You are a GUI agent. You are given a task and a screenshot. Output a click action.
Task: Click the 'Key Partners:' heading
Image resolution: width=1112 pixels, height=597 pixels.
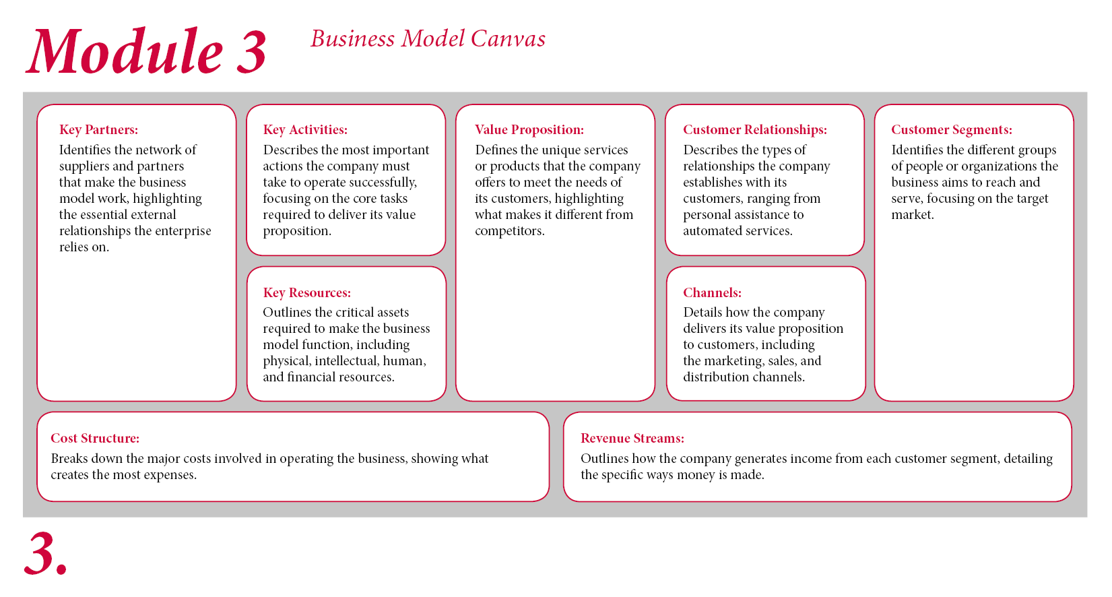(x=99, y=129)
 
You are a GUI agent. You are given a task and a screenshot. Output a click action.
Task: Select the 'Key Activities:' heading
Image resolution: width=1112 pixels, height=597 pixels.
(x=305, y=129)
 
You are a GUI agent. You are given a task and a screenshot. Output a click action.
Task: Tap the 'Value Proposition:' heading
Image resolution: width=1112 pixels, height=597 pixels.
(x=529, y=129)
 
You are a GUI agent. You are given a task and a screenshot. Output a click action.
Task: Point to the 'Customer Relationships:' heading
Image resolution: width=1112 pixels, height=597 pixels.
(x=755, y=129)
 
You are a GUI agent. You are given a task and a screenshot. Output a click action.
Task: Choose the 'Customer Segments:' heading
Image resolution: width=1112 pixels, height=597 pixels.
(x=952, y=129)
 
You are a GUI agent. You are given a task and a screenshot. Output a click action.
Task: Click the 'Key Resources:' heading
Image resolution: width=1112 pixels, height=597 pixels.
(x=306, y=292)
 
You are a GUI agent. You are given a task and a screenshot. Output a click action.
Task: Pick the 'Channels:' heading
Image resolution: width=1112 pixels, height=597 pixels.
(x=713, y=292)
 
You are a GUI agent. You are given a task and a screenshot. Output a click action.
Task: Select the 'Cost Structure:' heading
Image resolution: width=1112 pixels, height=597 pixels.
(x=96, y=438)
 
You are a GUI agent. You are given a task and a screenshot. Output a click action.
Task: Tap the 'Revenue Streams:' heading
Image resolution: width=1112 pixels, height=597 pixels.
(x=632, y=438)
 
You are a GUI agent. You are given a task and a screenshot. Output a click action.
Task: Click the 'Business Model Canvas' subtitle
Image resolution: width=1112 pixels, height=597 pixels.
(x=428, y=38)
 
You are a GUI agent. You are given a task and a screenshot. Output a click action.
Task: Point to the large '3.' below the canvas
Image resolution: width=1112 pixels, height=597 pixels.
(x=45, y=553)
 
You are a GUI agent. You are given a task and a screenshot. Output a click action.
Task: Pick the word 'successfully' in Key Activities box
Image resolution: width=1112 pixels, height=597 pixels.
(x=383, y=183)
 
